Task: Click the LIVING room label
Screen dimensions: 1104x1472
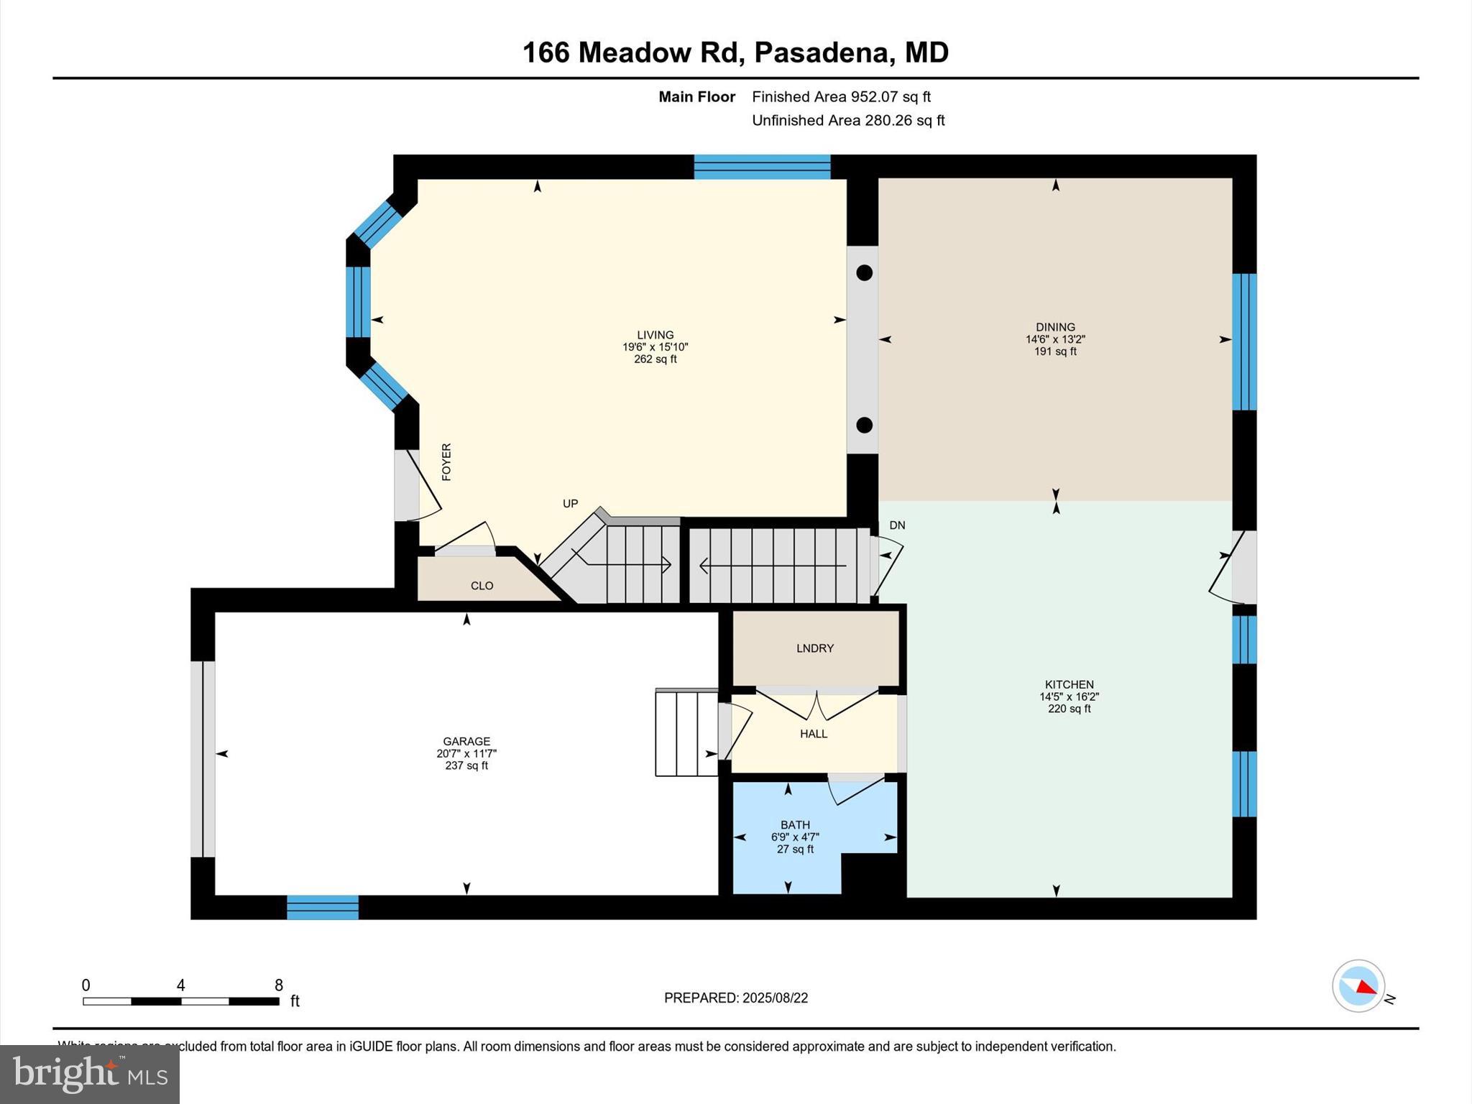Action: (655, 334)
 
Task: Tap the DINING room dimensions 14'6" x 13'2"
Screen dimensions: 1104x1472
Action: (1054, 339)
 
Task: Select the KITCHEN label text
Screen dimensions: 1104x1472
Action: (1069, 684)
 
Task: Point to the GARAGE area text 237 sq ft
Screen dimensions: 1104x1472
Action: (466, 765)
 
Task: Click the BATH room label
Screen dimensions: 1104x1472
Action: (795, 824)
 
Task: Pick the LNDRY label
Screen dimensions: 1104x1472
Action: (814, 648)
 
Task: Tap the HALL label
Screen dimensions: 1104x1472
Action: (813, 734)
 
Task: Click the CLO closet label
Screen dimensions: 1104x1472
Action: (482, 586)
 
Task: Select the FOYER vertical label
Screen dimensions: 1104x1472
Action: (446, 461)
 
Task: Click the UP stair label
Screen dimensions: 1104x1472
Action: (570, 503)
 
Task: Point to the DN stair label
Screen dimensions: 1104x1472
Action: (897, 525)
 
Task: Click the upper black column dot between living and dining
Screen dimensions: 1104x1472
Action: (865, 273)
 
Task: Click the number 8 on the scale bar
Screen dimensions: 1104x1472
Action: (279, 985)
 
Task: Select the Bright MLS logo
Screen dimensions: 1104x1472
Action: (90, 1074)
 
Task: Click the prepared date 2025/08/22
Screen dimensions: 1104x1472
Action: (775, 998)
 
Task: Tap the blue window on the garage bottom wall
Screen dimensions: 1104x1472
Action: (323, 907)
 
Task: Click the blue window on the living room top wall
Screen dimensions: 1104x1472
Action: (762, 167)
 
